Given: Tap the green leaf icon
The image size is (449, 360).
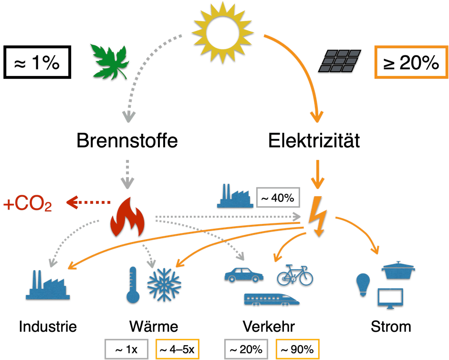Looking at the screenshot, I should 109,62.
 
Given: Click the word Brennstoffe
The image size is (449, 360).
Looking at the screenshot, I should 127,141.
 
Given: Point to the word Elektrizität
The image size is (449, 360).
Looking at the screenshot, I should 313,141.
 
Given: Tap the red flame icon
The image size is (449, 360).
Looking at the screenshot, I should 127,218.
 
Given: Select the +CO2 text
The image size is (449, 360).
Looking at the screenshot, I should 27,205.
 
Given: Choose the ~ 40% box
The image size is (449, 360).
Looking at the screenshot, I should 277,197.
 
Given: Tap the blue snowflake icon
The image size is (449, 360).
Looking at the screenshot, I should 164,285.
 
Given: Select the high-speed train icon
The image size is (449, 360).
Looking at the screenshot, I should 272,298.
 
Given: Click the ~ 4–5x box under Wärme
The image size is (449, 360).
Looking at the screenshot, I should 176,349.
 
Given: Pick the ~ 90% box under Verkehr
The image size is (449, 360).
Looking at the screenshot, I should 297,349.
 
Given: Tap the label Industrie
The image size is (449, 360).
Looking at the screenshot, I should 48,327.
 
